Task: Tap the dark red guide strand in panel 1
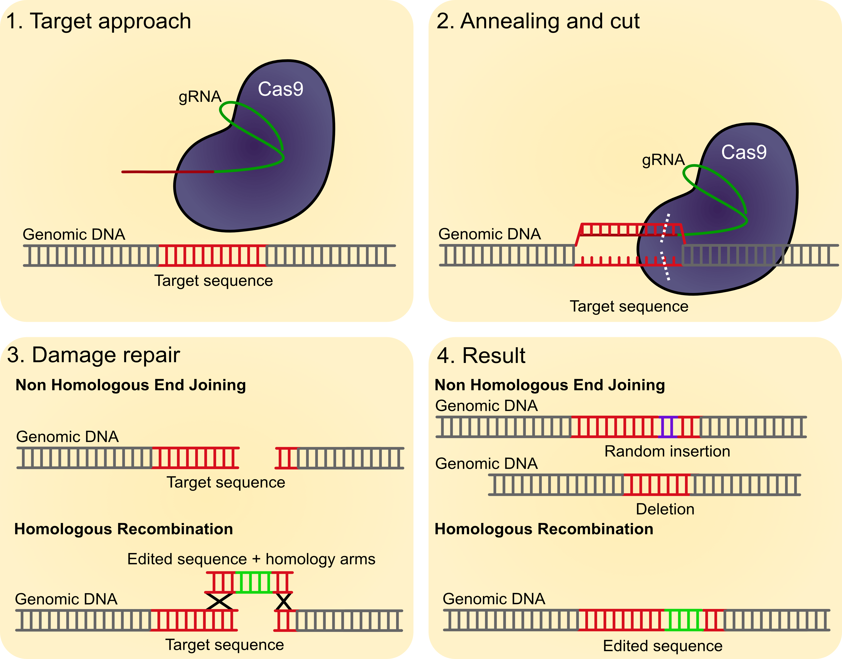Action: (168, 172)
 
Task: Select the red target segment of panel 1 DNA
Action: (212, 255)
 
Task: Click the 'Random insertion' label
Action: (667, 451)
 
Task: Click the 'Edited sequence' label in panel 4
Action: (662, 646)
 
